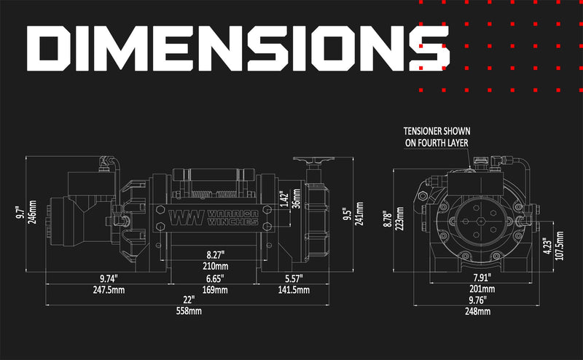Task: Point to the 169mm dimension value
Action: [215, 289]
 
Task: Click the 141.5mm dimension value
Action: [293, 289]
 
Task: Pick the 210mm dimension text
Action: [215, 266]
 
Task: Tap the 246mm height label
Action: [32, 214]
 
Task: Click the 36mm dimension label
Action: [295, 200]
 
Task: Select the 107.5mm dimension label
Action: [559, 250]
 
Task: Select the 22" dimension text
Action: [189, 300]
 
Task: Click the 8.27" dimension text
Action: [215, 254]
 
